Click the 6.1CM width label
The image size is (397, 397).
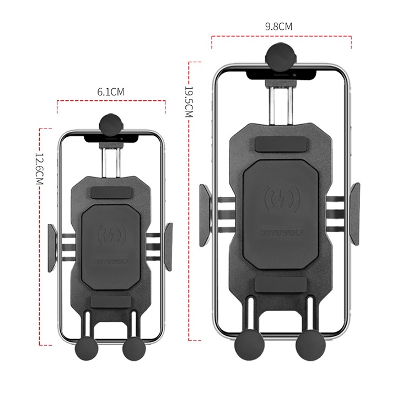(x=111, y=92)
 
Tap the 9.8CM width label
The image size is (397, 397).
(x=279, y=26)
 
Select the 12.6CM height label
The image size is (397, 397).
(x=39, y=169)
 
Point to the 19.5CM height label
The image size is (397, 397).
(x=189, y=102)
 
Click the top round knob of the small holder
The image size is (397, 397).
(x=111, y=125)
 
